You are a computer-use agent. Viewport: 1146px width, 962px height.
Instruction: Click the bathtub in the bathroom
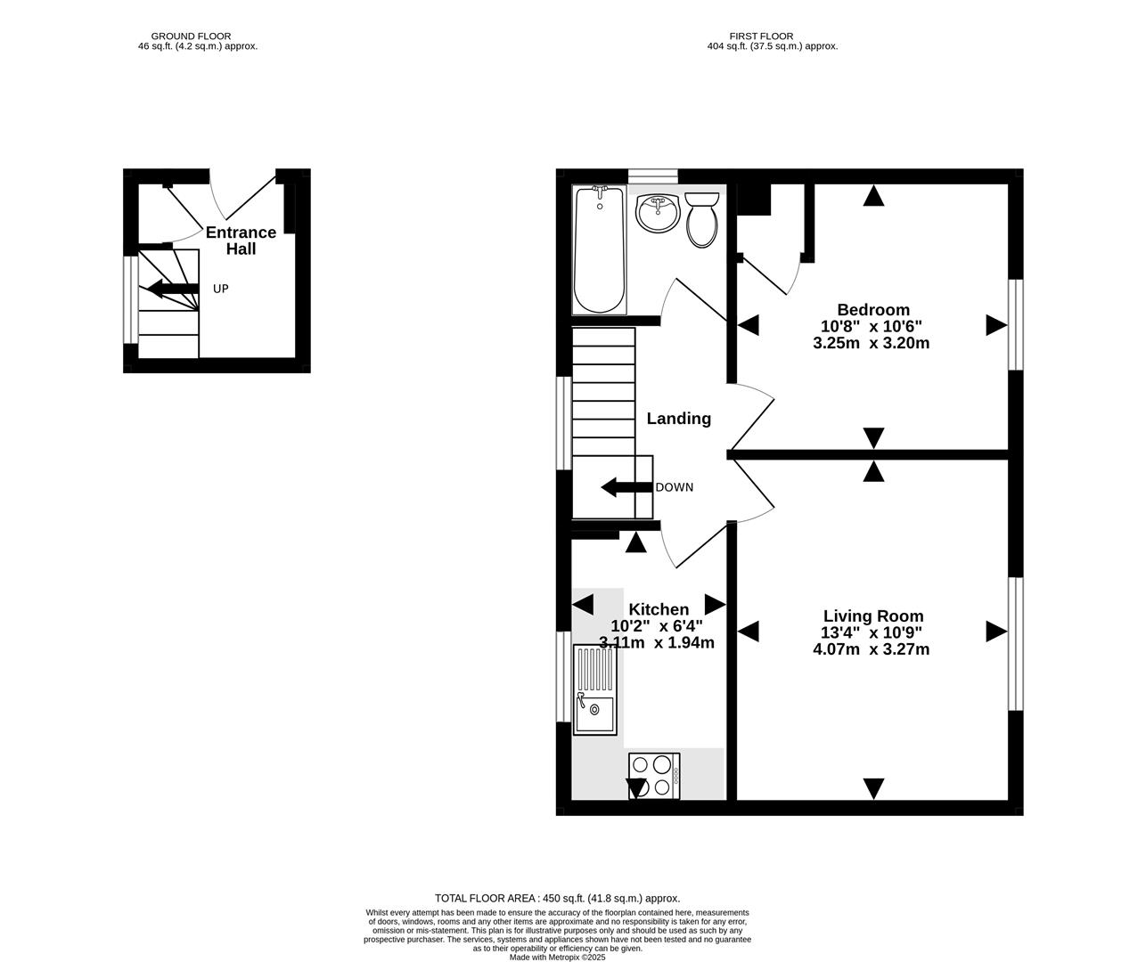599,250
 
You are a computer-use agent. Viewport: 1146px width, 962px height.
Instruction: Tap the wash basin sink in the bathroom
659,214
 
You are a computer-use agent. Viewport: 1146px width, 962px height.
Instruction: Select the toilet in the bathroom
701,220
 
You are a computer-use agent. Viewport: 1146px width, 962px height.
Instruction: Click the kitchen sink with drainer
594,689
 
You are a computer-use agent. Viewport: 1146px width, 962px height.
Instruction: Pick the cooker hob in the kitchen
654,775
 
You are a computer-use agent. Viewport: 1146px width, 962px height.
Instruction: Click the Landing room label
678,419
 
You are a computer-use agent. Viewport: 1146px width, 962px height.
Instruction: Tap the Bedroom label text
872,310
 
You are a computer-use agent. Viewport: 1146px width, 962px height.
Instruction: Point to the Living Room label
872,616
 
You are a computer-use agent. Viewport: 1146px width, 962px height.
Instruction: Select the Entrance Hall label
241,240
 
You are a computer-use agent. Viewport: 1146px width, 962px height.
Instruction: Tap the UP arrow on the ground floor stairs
171,289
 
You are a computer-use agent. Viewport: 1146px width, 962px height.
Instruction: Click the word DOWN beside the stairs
674,487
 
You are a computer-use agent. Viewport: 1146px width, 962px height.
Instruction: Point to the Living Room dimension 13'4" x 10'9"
871,633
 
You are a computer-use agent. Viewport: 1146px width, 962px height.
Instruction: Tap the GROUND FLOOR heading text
191,37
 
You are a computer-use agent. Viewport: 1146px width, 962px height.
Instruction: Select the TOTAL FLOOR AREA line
557,898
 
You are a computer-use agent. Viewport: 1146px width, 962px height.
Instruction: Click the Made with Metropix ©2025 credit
557,958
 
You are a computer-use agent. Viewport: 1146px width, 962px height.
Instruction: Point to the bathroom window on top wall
652,175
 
